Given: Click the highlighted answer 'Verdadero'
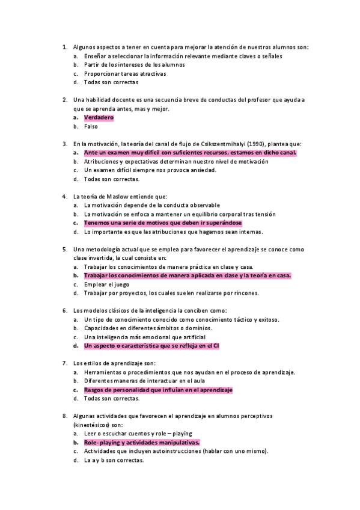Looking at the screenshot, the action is (x=99, y=118).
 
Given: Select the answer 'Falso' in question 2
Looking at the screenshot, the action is (x=91, y=127).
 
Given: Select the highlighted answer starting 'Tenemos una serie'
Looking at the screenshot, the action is (x=163, y=223).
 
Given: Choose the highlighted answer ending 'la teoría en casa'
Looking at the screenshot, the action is (x=188, y=275).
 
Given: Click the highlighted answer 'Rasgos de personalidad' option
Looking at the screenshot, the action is (x=158, y=390).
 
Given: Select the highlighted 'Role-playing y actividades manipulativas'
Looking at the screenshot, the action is (x=142, y=442).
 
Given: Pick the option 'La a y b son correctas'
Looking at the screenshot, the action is (x=114, y=460).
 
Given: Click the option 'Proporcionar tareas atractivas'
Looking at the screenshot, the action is (x=125, y=74).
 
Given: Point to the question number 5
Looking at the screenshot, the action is (x=64, y=249).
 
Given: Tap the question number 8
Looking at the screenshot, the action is (x=64, y=416).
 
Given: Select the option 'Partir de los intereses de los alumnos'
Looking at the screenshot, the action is (x=135, y=65).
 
